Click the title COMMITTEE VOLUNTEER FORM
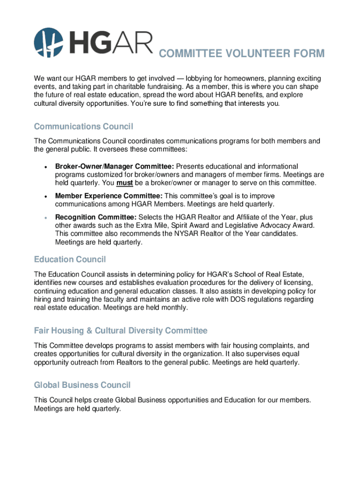(x=241, y=54)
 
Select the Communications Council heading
(x=84, y=127)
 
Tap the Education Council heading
(x=70, y=259)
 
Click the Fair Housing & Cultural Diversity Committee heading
(x=121, y=331)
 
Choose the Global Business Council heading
(x=82, y=385)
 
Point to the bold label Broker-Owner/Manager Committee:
(x=115, y=167)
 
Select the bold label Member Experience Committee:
(x=109, y=196)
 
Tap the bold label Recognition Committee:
(x=96, y=218)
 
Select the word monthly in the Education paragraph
(x=173, y=307)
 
